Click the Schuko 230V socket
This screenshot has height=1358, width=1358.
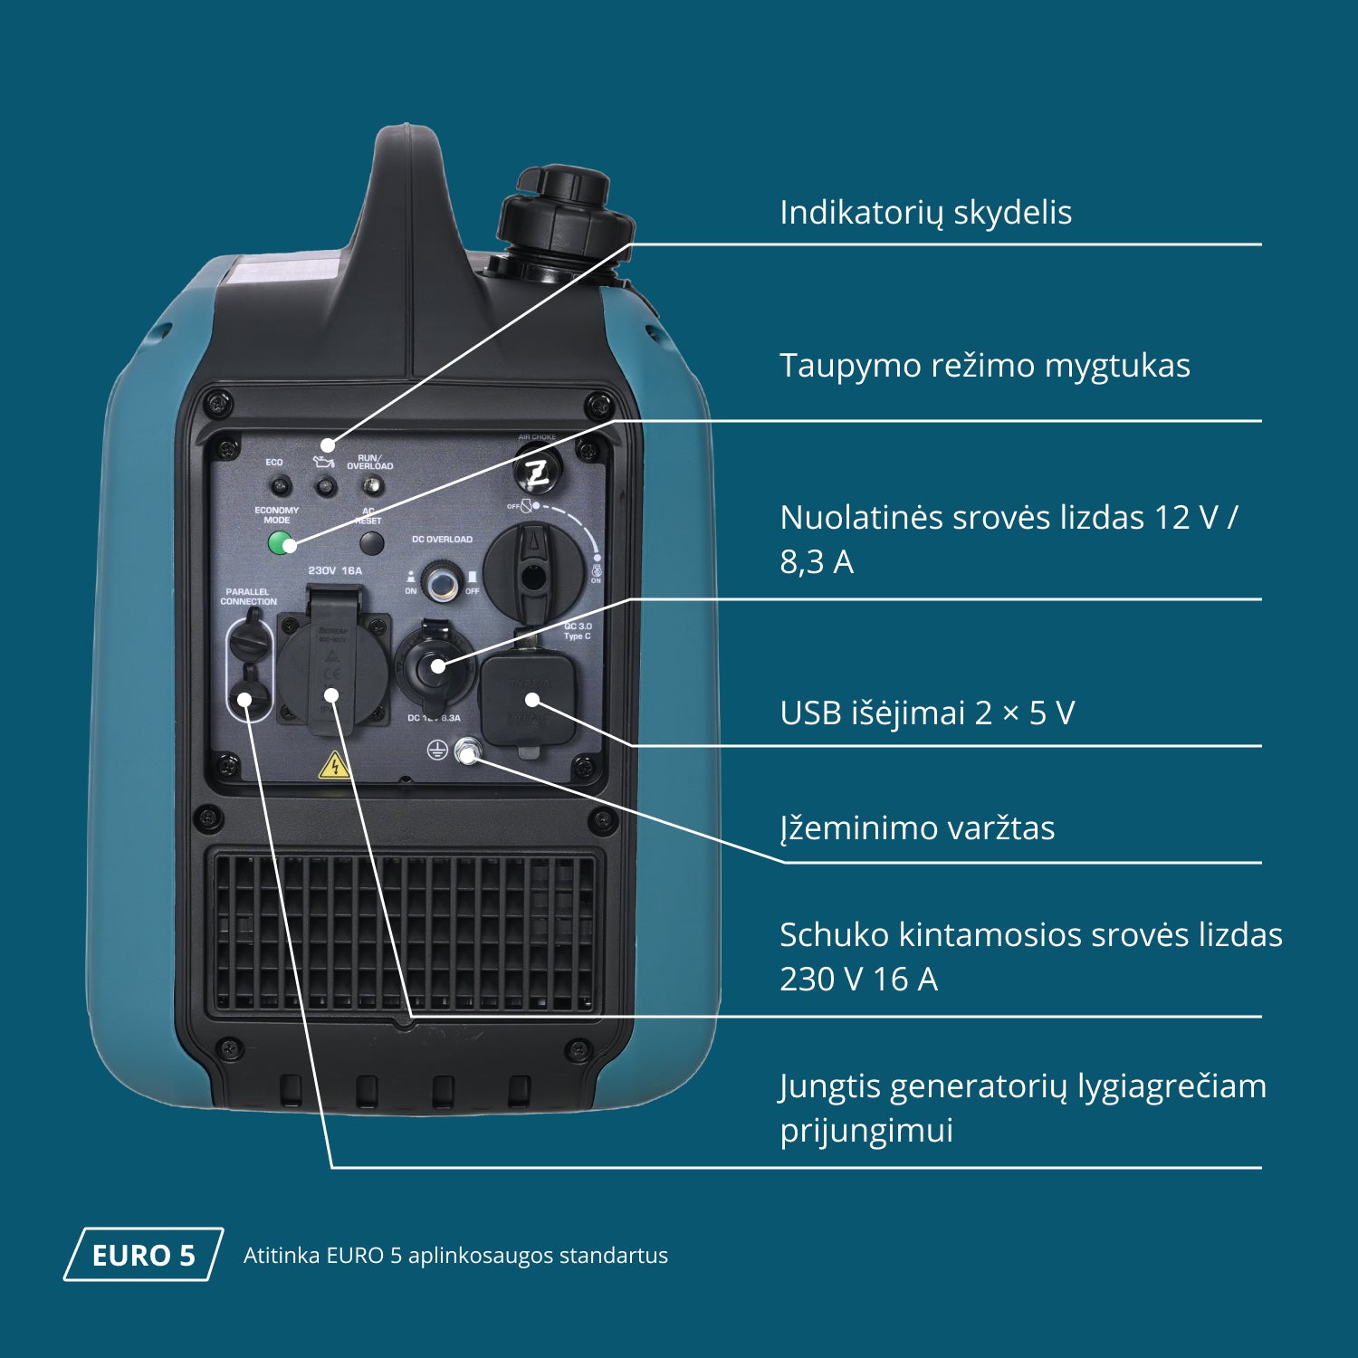point(332,671)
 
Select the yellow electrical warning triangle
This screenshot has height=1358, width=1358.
point(334,766)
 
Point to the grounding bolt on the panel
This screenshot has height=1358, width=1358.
point(467,751)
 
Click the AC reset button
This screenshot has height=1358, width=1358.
point(371,543)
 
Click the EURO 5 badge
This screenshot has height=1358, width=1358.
point(143,1255)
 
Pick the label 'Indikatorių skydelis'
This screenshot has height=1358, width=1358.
point(925,213)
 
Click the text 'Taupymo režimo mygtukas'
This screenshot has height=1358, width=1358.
point(984,366)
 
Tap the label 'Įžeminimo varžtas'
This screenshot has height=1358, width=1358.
point(917,828)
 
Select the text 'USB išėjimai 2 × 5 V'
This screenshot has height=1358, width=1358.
point(927,713)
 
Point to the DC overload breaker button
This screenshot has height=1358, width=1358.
point(441,581)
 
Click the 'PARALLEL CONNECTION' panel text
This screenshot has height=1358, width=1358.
point(248,597)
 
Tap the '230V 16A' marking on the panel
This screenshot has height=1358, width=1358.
point(335,571)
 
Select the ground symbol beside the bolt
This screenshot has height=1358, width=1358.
point(437,750)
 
